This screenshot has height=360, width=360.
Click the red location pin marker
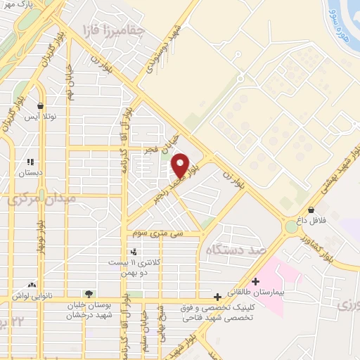180,165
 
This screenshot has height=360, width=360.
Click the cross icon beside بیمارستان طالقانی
255,282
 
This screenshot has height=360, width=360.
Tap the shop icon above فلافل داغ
311,209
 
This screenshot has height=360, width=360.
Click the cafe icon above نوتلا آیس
41,106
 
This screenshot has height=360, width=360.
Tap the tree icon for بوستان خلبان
89,294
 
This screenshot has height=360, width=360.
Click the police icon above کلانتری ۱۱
134,252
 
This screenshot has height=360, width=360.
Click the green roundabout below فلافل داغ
291,227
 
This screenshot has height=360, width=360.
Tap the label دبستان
30,171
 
